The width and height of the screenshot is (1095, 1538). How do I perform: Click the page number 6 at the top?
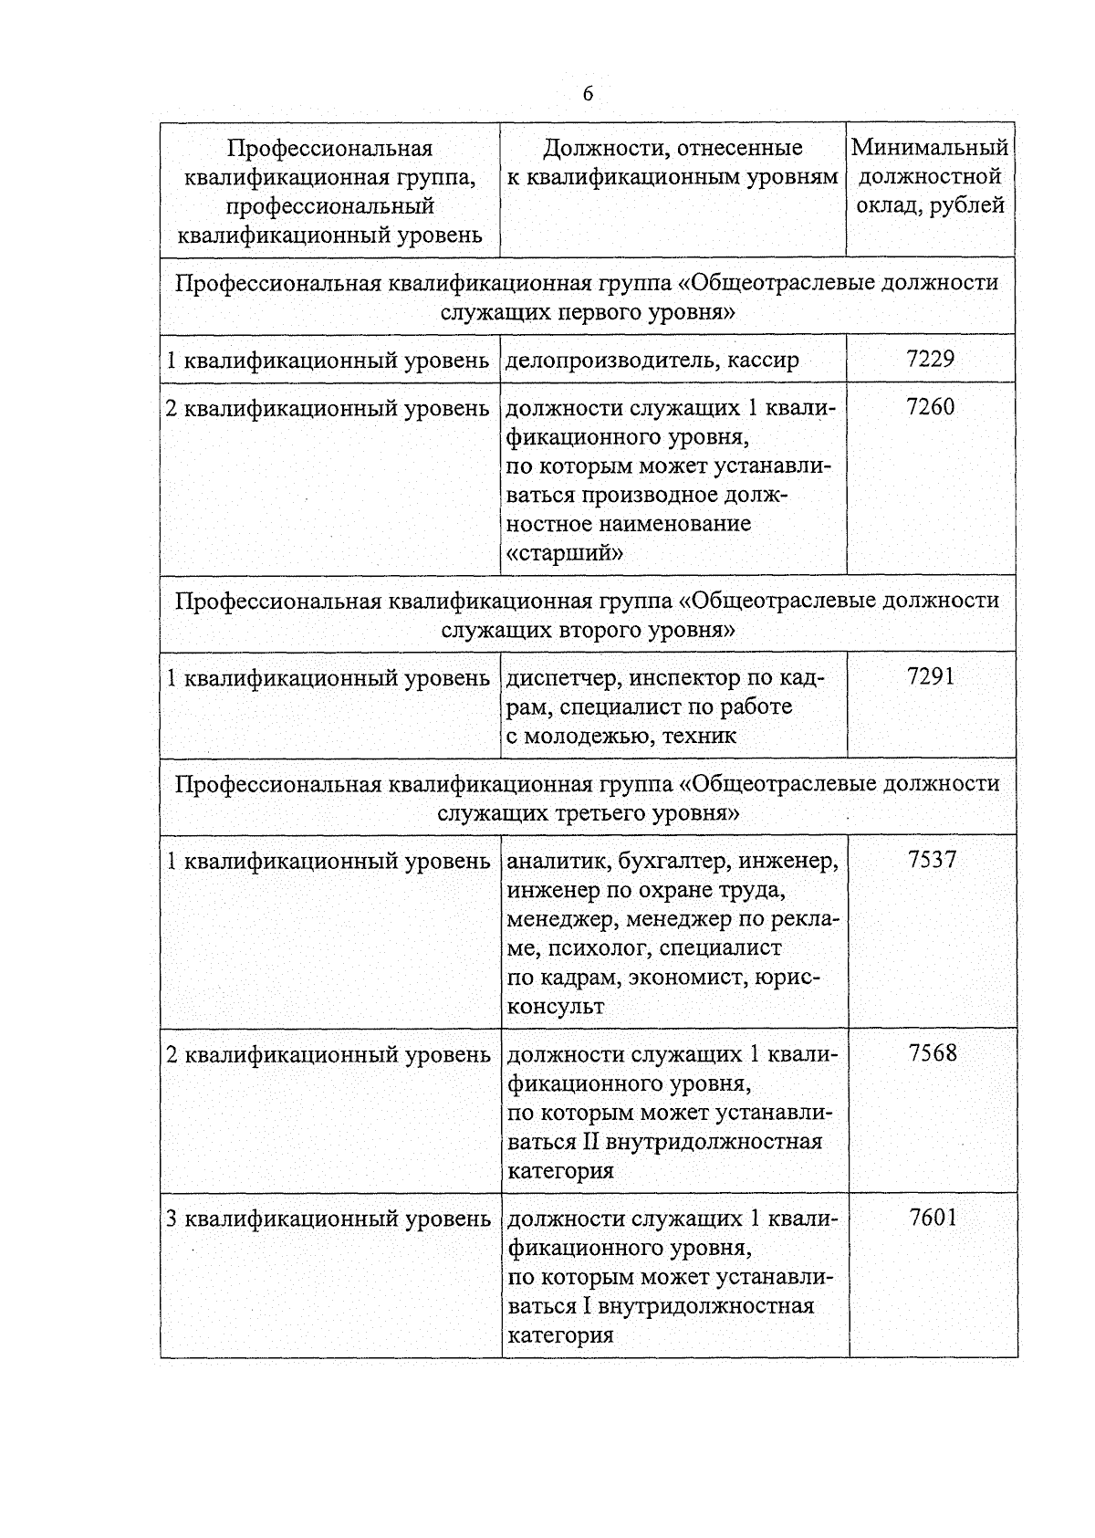tap(588, 94)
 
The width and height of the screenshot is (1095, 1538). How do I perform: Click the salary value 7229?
tap(930, 359)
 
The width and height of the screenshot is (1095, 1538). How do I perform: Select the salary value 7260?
tap(930, 406)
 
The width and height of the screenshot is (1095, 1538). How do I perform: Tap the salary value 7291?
tap(931, 676)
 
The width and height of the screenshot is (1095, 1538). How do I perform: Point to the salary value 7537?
tap(932, 859)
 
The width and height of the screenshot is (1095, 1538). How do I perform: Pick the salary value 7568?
tap(933, 1052)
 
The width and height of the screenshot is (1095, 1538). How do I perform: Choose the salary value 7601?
tap(933, 1217)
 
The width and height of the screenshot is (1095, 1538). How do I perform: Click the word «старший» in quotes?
tap(565, 553)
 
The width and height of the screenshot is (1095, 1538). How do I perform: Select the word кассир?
tap(764, 361)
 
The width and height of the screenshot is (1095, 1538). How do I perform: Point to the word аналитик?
tap(558, 861)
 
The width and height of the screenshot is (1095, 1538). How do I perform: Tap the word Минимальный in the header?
tap(930, 148)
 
